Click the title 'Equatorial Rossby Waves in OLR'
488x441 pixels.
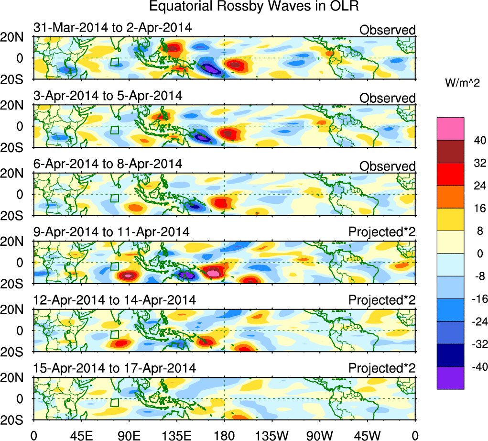[x=254, y=7]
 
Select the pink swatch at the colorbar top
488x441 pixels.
[x=450, y=129]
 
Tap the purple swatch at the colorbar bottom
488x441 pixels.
[x=450, y=378]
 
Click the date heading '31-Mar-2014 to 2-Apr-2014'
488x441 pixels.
[x=112, y=28]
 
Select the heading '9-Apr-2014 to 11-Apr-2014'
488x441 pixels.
[x=111, y=232]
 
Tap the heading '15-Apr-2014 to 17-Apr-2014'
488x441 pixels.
[x=115, y=368]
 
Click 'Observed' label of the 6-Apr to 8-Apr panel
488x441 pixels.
[x=388, y=166]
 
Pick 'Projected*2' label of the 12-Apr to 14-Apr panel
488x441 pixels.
[x=382, y=300]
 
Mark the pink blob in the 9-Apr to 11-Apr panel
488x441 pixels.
[x=213, y=273]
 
